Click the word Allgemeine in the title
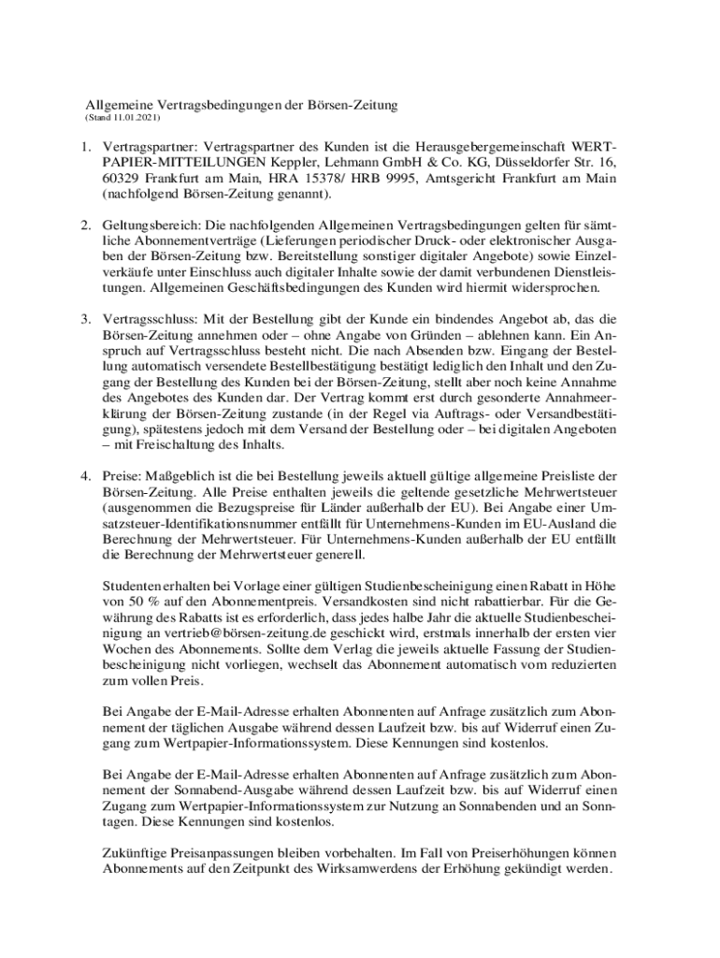click(x=117, y=106)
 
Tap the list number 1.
click(x=83, y=148)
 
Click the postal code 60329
click(x=122, y=180)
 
